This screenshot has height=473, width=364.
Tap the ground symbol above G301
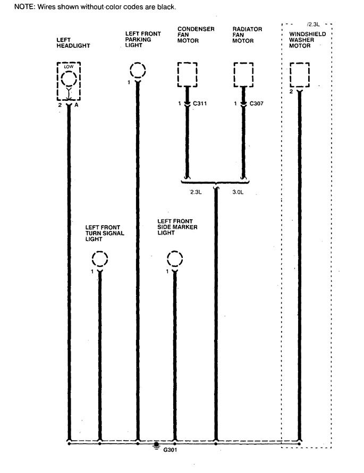pyautogui.click(x=156, y=445)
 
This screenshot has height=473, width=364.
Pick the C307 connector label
pyautogui.click(x=257, y=104)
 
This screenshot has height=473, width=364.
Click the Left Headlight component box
pyautogui.click(x=69, y=81)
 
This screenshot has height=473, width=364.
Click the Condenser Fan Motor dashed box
pyautogui.click(x=187, y=74)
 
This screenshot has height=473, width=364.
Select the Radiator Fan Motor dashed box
pyautogui.click(x=243, y=74)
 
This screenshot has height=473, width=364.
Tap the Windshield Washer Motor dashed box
pyautogui.click(x=300, y=74)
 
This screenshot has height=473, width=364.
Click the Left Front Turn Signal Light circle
pyautogui.click(x=99, y=260)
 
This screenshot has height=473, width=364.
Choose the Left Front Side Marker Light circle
pyautogui.click(x=175, y=260)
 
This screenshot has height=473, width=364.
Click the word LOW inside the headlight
pyautogui.click(x=68, y=67)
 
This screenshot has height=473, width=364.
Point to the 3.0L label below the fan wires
pyautogui.click(x=238, y=192)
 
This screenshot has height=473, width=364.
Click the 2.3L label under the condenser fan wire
pyautogui.click(x=196, y=192)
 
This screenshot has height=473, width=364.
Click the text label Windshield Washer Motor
pyautogui.click(x=307, y=40)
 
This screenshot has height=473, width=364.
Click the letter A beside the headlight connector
pyautogui.click(x=77, y=106)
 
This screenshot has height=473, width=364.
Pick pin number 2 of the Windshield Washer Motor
pyautogui.click(x=291, y=92)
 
